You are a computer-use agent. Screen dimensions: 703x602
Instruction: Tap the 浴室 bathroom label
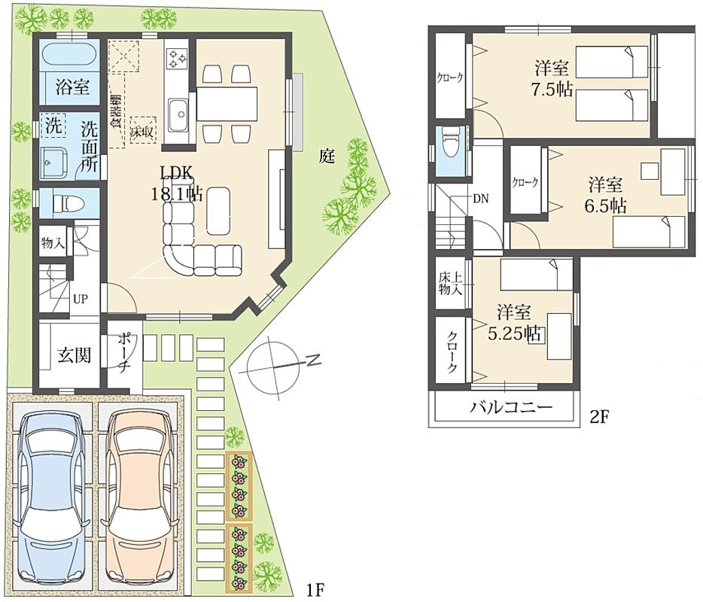72,87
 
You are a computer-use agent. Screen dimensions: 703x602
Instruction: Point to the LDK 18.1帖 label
176,184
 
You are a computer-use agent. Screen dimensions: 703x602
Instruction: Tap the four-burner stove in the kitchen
177,59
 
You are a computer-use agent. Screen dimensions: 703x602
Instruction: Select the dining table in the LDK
227,104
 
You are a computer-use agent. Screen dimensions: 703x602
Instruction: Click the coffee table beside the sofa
218,211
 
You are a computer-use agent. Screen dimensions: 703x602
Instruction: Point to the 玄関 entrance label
75,356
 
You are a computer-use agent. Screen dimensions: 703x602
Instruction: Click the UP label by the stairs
81,299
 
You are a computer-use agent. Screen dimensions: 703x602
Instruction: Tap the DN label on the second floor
481,199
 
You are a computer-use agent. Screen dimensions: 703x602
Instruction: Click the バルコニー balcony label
511,407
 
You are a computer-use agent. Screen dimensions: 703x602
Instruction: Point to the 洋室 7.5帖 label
552,79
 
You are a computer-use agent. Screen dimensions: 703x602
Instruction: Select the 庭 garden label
327,156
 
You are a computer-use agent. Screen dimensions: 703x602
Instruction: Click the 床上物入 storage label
450,283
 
